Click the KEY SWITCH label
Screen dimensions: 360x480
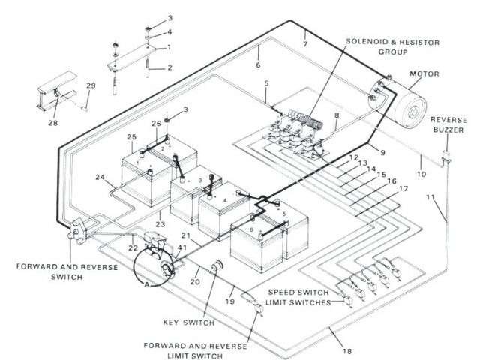click(x=188, y=323)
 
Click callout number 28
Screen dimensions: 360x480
click(x=53, y=123)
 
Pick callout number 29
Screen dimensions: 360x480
click(x=91, y=87)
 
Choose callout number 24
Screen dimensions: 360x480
click(x=98, y=177)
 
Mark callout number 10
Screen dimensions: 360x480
click(x=421, y=174)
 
